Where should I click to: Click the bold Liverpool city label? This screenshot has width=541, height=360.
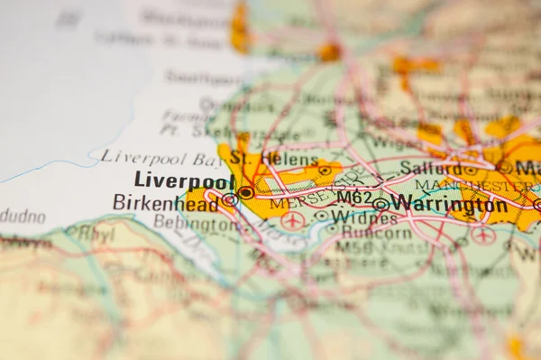pyautogui.click(x=184, y=180)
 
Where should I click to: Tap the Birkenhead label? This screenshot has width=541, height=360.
pyautogui.click(x=165, y=202)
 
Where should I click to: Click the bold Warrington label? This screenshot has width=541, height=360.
pyautogui.click(x=449, y=204)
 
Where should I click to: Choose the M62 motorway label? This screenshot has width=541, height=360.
pyautogui.click(x=354, y=197)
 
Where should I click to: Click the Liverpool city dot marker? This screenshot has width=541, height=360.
pyautogui.click(x=245, y=192)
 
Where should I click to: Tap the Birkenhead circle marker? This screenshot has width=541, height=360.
pyautogui.click(x=230, y=200)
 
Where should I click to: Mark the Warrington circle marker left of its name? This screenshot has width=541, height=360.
pyautogui.click(x=381, y=205)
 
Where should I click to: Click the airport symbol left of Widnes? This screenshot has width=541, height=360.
pyautogui.click(x=292, y=219)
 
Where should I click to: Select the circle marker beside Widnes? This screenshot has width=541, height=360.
pyautogui.click(x=321, y=216)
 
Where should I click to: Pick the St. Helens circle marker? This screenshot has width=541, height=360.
pyautogui.click(x=325, y=170)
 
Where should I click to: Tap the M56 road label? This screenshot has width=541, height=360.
pyautogui.click(x=353, y=246)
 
